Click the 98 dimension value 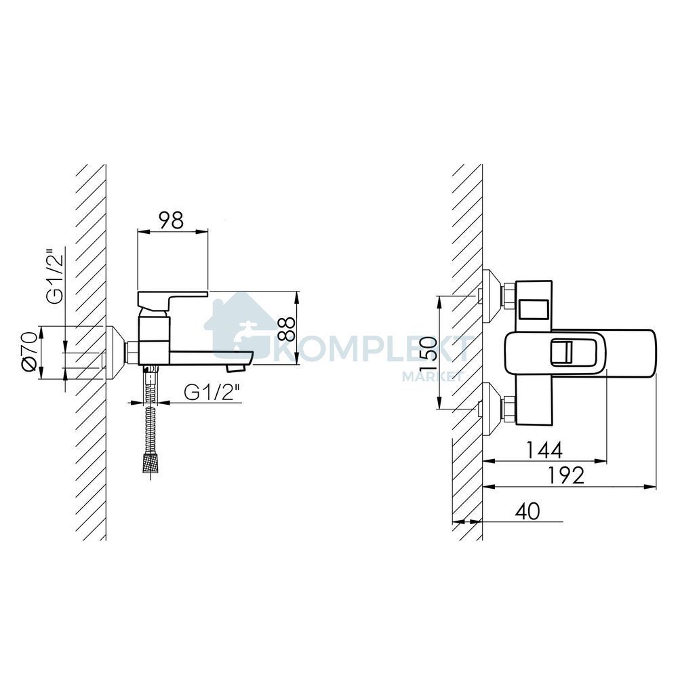coord(172,220)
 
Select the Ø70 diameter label coord(30,351)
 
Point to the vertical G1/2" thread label coord(56,277)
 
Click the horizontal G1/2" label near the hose coord(212,393)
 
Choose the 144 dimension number coord(544,450)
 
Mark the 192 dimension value coord(566,476)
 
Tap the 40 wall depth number coord(527,511)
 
